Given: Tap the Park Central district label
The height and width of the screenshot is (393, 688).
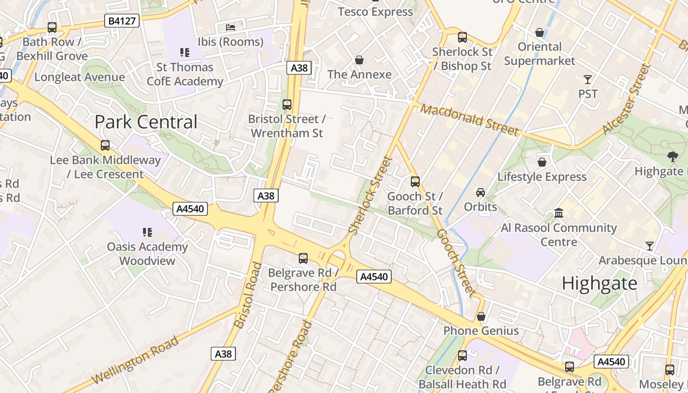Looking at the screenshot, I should pos(146,122).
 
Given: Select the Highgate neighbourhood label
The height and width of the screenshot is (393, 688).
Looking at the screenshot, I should pos(599,283).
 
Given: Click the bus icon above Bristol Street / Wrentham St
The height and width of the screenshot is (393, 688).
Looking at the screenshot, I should pos(287,104).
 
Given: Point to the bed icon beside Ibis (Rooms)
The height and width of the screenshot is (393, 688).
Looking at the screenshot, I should pos(230,27).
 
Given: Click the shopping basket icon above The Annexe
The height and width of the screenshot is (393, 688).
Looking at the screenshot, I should pos(359,60).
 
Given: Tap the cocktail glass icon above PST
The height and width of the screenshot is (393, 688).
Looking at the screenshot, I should pos(587,79).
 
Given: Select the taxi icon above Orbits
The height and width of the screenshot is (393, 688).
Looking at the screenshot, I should pos(480,192).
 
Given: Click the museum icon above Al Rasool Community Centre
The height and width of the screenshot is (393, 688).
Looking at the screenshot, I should pos(559,213).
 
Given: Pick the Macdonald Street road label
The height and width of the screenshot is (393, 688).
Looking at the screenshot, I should pos(469,120).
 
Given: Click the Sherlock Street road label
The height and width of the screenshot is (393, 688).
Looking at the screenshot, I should pos(371,195).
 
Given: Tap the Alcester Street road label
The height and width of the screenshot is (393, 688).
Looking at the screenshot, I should pos(626,99).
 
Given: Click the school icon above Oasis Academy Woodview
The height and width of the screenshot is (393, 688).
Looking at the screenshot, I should pos(147,231).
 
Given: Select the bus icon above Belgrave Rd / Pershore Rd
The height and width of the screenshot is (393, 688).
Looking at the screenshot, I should pos(303,258).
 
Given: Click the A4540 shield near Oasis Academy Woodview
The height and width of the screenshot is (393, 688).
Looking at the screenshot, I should pos(191,209).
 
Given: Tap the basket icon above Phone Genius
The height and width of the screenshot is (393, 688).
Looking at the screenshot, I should pos(481,316).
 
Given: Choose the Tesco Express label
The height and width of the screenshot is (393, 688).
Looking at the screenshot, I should pos(375,12).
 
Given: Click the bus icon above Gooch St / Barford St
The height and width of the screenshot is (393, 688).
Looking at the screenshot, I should pos(415,182).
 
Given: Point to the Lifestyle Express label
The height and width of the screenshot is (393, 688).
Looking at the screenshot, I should pos(542,177).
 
